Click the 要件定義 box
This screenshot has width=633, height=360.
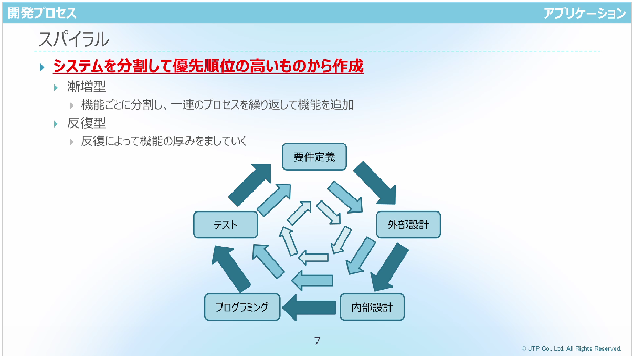pos(314,157)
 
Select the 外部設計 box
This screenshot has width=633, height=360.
pos(408,225)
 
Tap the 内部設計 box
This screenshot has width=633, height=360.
pos(372,307)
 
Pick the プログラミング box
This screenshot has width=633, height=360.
pos(242,307)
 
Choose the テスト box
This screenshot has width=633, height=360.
pos(226,225)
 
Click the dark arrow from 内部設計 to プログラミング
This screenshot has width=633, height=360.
pos(309,308)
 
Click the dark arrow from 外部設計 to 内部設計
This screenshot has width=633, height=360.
pos(389,267)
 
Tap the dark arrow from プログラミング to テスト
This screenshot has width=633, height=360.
pos(230,269)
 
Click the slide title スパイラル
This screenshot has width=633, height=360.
pos(73,39)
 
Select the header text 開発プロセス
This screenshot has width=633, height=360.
pos(42,13)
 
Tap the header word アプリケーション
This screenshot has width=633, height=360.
pos(584,13)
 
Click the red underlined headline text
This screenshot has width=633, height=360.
pos(208,66)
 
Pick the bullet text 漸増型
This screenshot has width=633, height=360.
pos(87,87)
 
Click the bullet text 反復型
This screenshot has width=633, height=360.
pos(87,123)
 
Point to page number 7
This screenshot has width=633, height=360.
pos(317,341)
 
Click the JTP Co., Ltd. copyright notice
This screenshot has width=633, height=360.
pos(572,348)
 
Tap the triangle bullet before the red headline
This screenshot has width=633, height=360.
pos(42,67)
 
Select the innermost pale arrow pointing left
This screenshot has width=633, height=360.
pos(313,258)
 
